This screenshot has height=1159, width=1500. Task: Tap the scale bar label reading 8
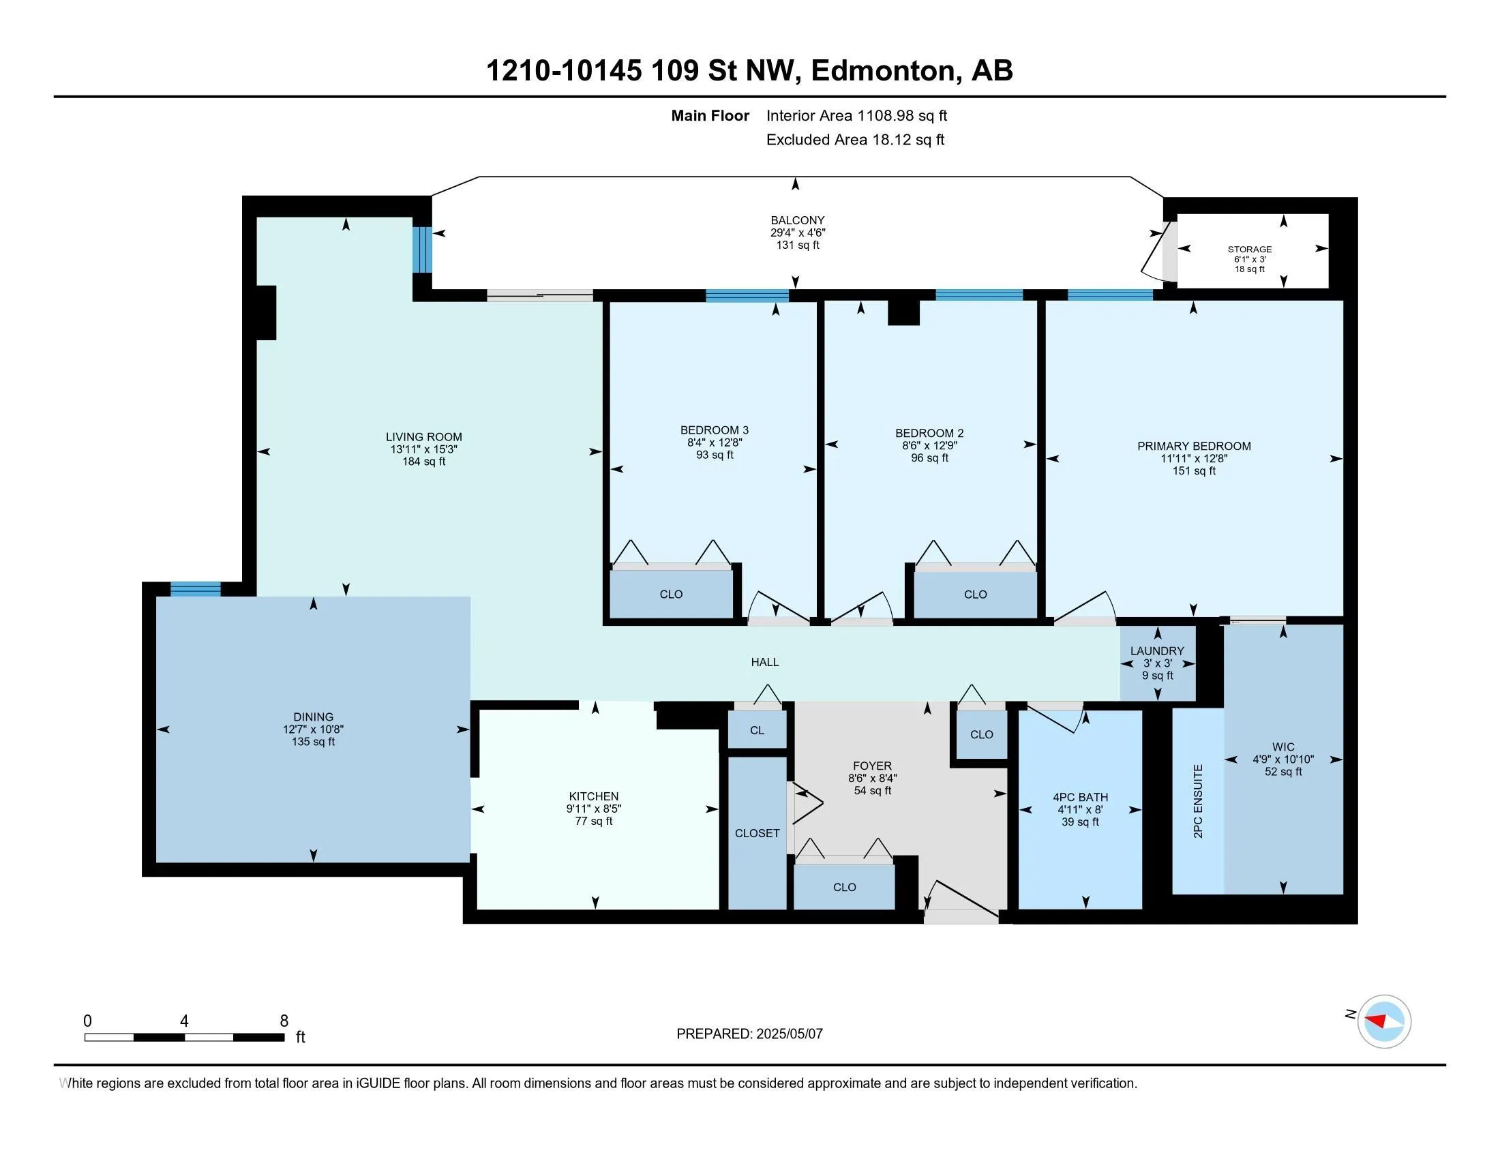284,1021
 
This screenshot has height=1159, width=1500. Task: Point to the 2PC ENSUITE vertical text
1198,800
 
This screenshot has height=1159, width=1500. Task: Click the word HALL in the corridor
764,662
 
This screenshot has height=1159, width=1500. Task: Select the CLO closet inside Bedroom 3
671,594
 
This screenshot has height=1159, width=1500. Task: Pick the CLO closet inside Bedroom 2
975,594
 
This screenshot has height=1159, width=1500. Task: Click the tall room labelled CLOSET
757,833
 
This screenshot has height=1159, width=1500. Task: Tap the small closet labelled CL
757,730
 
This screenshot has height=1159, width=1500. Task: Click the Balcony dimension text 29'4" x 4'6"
798,232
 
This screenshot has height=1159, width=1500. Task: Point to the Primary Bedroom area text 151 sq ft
1194,471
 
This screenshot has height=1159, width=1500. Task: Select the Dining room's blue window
196,589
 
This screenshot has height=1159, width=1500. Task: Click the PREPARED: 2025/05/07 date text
749,1034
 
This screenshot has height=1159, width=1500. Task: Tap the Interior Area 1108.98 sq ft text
856,115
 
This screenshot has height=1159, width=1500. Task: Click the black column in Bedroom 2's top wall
903,312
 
